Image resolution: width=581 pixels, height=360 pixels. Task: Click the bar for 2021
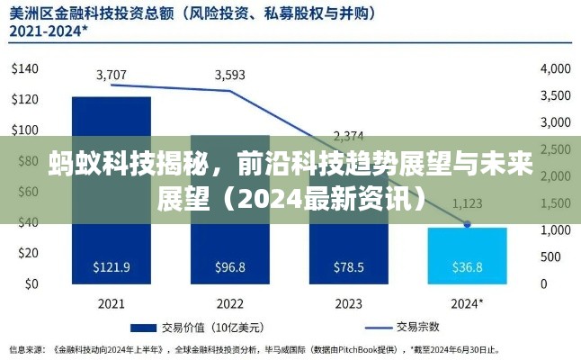pos(112,189)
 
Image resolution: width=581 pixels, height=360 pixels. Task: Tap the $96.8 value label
pos(230,266)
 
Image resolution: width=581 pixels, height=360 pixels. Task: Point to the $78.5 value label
pos(348,266)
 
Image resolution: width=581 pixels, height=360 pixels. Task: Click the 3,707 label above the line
pos(112,74)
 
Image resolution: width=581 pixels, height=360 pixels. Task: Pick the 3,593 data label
pos(230,75)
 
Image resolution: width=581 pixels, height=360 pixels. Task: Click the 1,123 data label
pos(467,202)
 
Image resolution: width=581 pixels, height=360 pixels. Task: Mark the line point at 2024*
pos(467,224)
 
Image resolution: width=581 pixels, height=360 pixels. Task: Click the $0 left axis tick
pos(31,283)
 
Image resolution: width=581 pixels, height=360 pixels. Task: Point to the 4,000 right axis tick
pos(555,68)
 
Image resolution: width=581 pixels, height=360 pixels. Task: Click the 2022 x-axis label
pos(230,302)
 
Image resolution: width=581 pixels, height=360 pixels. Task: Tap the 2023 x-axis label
pos(348,302)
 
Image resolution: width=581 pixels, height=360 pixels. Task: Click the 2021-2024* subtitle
pos(49,31)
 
